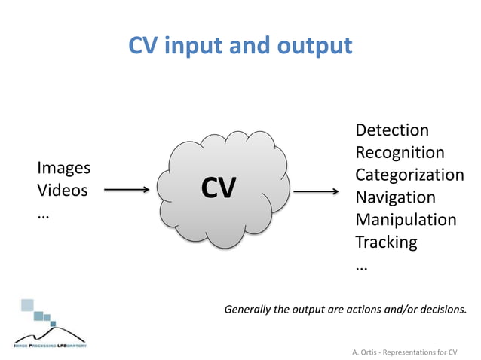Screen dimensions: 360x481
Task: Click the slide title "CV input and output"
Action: (x=240, y=46)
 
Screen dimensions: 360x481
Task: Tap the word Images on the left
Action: (x=63, y=168)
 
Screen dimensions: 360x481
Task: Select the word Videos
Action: (x=62, y=191)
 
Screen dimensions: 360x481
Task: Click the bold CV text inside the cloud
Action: (x=218, y=188)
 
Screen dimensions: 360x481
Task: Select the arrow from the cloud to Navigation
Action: (x=316, y=192)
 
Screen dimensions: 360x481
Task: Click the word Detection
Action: (x=391, y=130)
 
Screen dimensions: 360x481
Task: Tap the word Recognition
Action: (x=400, y=153)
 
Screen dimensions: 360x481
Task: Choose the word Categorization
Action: (x=409, y=175)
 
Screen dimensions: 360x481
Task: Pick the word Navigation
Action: (x=395, y=197)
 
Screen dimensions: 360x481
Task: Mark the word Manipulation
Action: (x=406, y=220)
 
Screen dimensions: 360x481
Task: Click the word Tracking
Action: (x=386, y=243)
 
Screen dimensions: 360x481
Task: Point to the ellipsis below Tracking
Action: (x=361, y=267)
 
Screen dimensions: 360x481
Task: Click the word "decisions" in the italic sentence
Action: (x=442, y=309)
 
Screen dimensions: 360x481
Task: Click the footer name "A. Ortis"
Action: (x=367, y=352)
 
